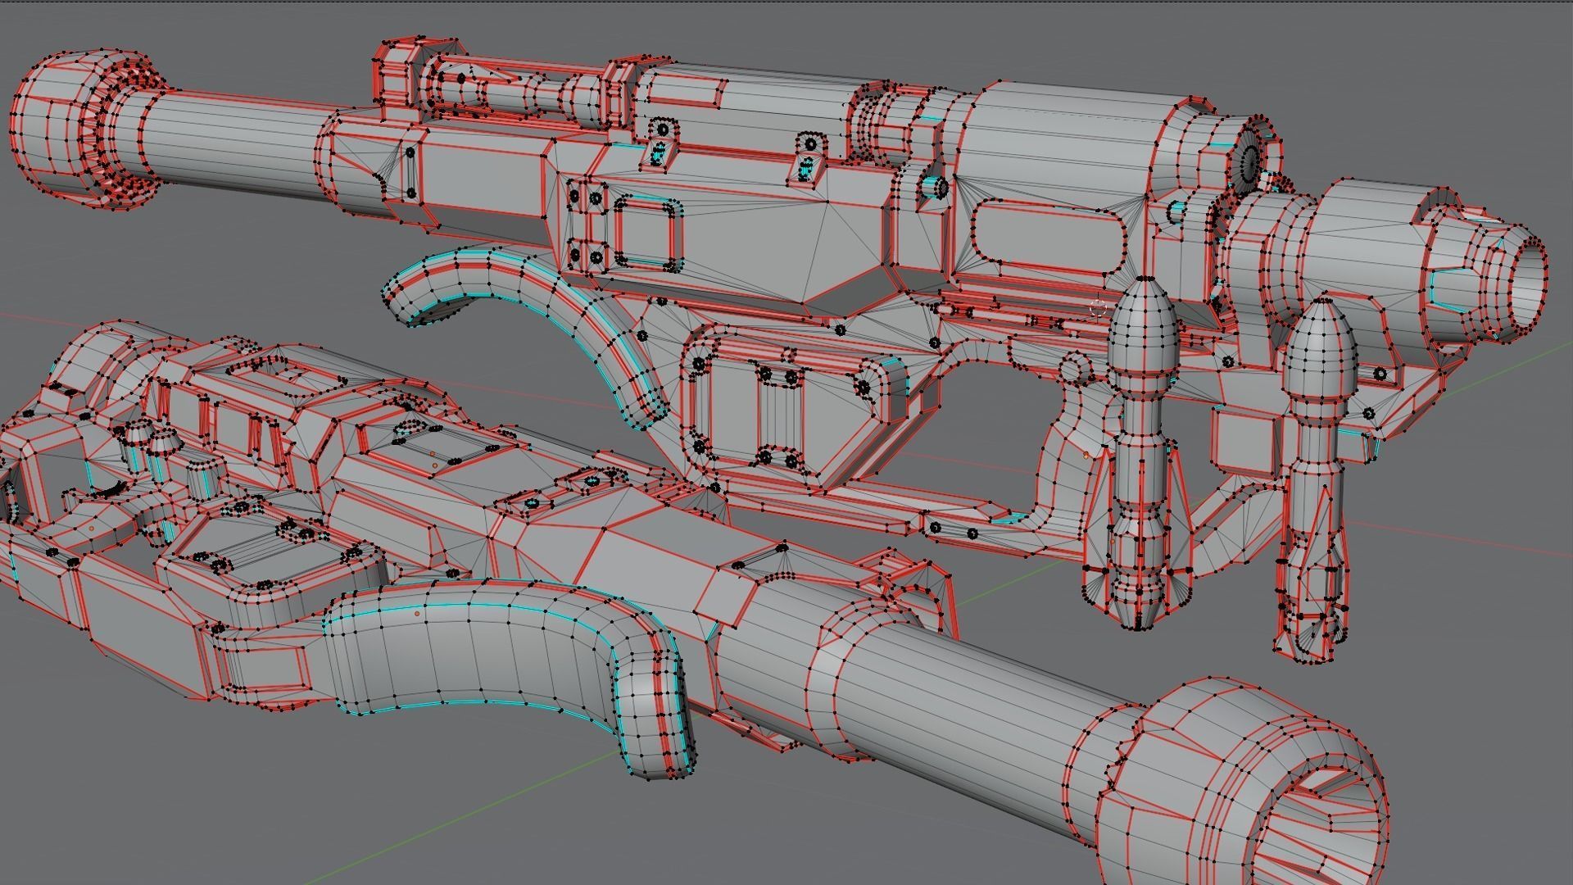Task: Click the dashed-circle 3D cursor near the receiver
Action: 1099,308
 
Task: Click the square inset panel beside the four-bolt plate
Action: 647,234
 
